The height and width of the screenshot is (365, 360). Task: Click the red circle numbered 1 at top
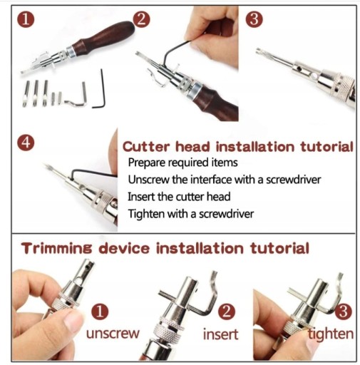26,19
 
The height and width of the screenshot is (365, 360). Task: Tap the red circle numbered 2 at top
141,19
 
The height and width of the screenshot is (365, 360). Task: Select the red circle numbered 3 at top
254,19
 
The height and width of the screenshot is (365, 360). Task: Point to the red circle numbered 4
26,143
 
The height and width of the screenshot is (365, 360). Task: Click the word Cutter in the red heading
146,147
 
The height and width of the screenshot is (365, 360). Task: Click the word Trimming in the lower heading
56,249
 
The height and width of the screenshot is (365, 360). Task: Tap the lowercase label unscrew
113,334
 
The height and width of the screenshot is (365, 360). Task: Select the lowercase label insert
220,334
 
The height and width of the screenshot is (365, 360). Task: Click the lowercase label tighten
331,334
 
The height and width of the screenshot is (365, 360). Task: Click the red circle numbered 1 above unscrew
100,312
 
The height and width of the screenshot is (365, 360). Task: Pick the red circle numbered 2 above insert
227,312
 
